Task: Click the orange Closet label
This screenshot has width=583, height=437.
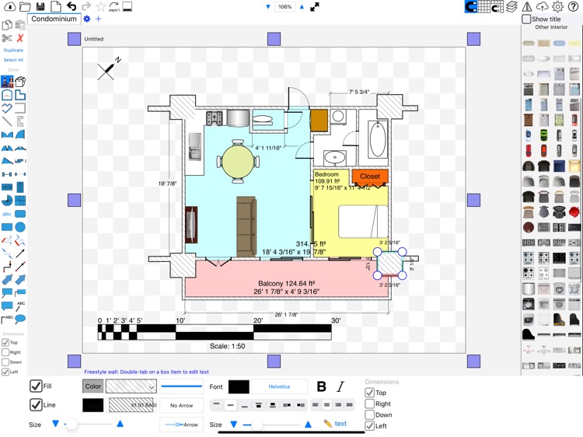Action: click(x=370, y=177)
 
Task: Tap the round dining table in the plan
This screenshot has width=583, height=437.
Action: click(x=239, y=161)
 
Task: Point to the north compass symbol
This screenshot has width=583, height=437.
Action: click(x=109, y=68)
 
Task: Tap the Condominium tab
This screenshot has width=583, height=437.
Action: click(x=54, y=19)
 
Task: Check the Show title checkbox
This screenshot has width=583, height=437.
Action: click(x=527, y=19)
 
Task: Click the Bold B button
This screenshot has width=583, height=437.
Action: click(x=322, y=386)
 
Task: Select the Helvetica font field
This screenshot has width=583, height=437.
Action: click(x=278, y=386)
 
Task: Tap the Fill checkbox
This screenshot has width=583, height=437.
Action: click(x=37, y=386)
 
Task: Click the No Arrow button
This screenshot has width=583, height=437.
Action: click(x=181, y=405)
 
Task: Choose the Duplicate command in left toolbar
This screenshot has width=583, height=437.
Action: click(x=13, y=50)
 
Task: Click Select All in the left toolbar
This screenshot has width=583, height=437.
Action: click(x=13, y=60)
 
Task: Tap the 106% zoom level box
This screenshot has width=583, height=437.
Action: click(x=285, y=7)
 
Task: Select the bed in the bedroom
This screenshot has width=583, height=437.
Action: click(x=361, y=222)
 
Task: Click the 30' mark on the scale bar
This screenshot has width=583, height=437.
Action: click(x=336, y=320)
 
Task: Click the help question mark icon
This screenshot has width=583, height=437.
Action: click(x=574, y=7)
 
